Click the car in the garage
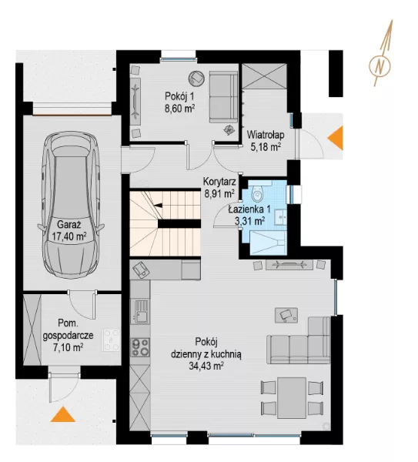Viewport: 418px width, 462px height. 71,206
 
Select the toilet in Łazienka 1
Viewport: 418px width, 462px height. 257,193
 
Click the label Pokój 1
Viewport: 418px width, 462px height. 179,96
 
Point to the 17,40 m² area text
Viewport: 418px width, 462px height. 69,236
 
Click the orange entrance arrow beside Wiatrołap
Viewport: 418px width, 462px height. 336,138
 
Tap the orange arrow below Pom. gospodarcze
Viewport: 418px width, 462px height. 63,414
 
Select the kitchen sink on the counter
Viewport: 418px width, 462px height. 141,310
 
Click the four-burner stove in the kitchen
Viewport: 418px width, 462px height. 140,347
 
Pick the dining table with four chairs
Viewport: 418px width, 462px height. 292,398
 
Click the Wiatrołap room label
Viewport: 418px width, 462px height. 266,135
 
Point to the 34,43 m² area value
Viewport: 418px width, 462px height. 206,366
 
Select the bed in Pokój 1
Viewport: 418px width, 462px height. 223,97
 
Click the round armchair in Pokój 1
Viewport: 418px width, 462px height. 196,78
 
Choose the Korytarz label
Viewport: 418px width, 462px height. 219,181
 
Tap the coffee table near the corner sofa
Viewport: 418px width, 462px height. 286,315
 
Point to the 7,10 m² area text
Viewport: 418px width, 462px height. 68,347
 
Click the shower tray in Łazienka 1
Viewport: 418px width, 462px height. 268,243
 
